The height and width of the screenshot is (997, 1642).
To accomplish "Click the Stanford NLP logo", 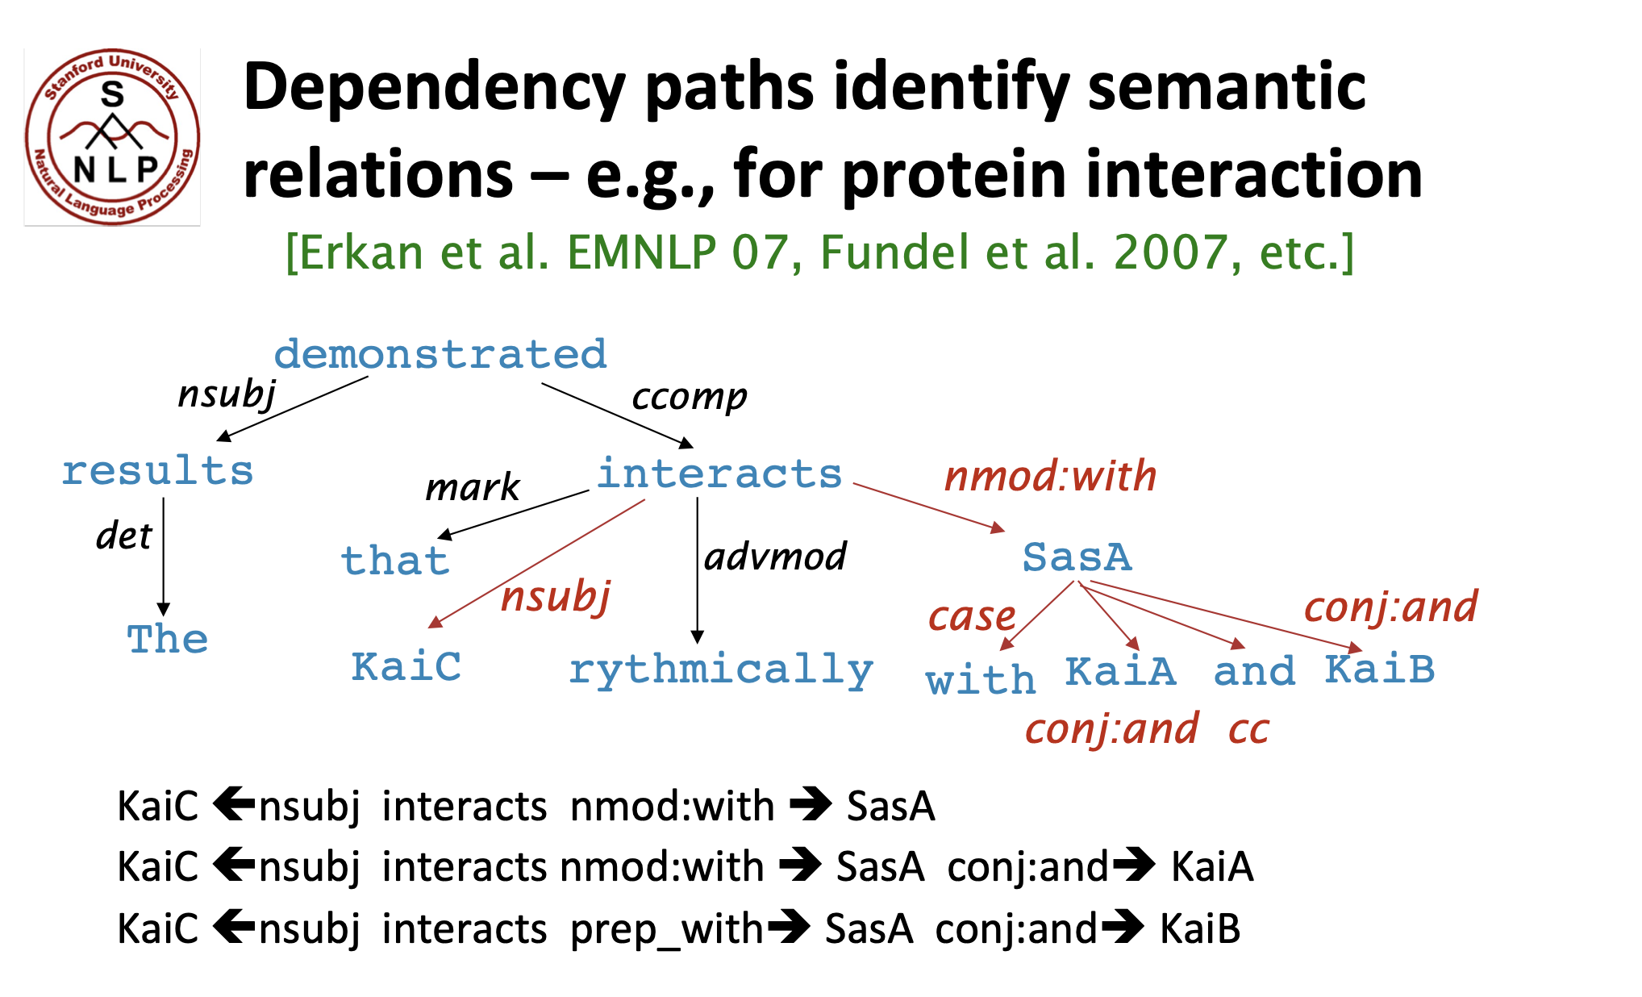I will click(112, 136).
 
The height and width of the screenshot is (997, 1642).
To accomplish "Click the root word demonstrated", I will click(440, 355).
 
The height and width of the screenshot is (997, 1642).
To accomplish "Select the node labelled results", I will click(158, 471).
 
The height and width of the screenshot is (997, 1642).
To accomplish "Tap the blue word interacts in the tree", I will click(719, 474).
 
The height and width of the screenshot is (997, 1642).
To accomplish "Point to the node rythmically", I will click(721, 670).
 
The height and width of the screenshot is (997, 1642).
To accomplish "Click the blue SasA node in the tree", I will click(1077, 557).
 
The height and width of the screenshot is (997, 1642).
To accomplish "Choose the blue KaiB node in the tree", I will click(1379, 670).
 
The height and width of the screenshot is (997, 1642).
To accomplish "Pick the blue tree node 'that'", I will click(395, 561).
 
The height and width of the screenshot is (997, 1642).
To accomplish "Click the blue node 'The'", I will click(168, 640).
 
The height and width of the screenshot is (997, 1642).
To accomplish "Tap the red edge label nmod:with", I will click(1050, 476).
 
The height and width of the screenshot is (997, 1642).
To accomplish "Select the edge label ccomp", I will click(689, 397).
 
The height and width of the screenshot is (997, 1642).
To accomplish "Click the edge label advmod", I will click(775, 557).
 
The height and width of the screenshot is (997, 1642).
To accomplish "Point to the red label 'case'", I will click(971, 617).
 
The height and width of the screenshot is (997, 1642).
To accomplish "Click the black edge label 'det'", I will click(123, 536).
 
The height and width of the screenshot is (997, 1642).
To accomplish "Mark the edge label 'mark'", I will click(473, 487).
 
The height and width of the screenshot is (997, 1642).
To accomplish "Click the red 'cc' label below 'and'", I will click(1248, 730).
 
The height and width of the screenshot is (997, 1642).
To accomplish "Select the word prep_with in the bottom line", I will click(666, 928).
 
